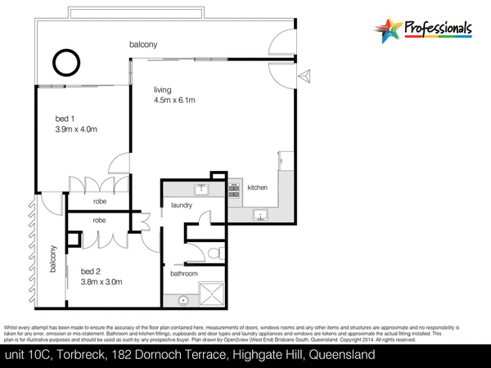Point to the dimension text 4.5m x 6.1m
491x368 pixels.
pyautogui.click(x=173, y=100)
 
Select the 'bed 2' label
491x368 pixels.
pyautogui.click(x=92, y=272)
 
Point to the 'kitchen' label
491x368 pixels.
pyautogui.click(x=258, y=188)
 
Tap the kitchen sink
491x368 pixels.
pyautogui.click(x=261, y=215)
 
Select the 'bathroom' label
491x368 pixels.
pyautogui.click(x=183, y=274)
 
